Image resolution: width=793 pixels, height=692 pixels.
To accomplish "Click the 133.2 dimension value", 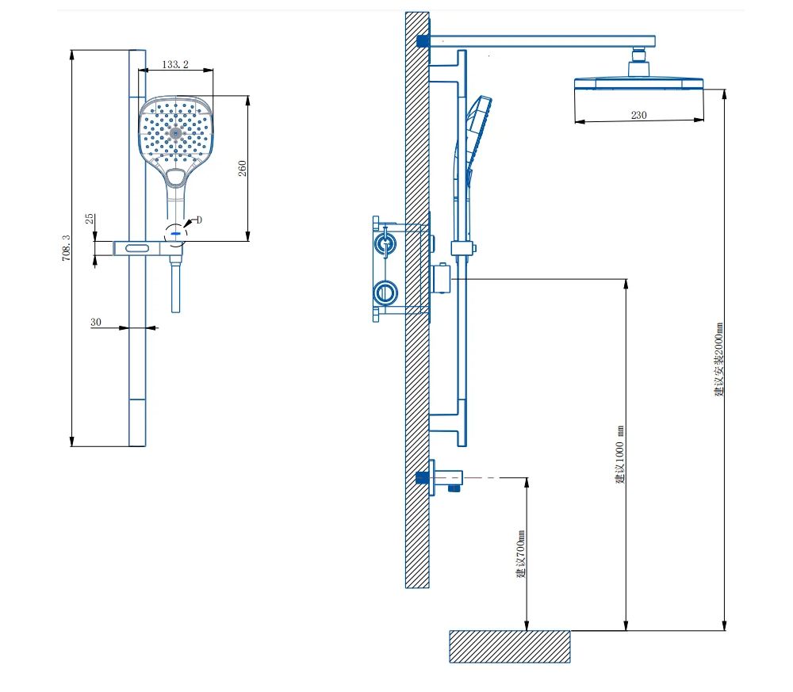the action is click(175, 64).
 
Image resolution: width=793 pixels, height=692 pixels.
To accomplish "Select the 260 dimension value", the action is click(242, 168).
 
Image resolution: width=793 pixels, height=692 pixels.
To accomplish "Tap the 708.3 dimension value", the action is click(67, 247).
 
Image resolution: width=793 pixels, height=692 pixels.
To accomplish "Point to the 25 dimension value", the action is click(90, 218).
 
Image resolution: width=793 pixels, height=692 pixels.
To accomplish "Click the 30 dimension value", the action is click(96, 322).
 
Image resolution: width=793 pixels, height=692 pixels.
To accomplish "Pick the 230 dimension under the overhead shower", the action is click(638, 115).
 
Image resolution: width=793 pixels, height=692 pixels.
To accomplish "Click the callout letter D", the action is click(199, 220).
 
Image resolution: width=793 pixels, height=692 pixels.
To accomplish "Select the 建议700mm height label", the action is click(521, 553).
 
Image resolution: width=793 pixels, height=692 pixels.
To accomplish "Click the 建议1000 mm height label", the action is click(621, 455).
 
